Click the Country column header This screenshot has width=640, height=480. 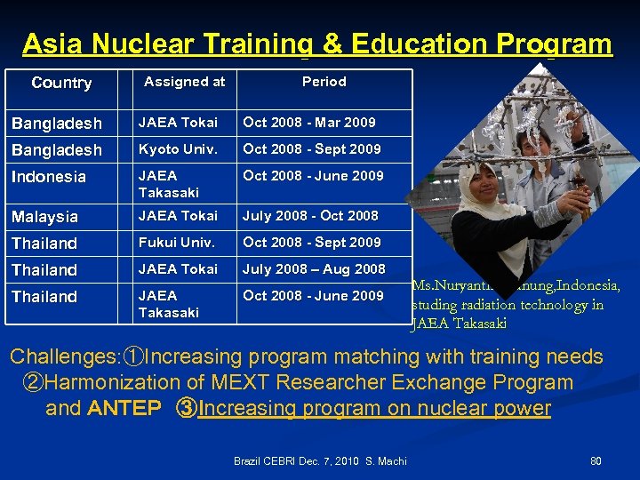point(61,83)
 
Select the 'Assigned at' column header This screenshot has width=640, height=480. point(185,82)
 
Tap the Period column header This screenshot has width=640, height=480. point(324,82)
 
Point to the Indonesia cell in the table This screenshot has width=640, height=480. point(49,177)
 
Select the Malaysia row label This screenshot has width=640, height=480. point(44,217)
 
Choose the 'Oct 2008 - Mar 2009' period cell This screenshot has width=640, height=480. point(309,123)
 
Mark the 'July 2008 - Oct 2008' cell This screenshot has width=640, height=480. point(310,216)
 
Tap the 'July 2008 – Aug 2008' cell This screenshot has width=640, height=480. point(314,269)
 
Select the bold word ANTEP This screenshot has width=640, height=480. point(124,409)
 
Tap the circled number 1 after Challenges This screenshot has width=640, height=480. point(133,357)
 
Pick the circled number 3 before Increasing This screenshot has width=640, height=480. point(187,409)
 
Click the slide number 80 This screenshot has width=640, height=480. point(596,461)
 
